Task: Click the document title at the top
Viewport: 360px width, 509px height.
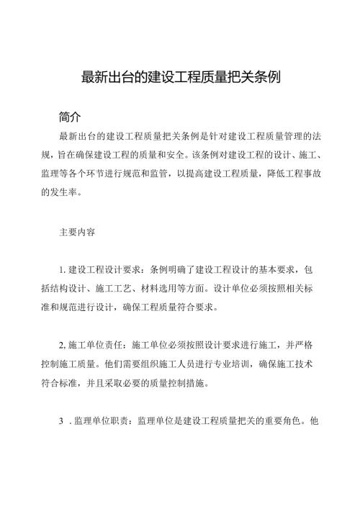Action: click(x=179, y=78)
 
